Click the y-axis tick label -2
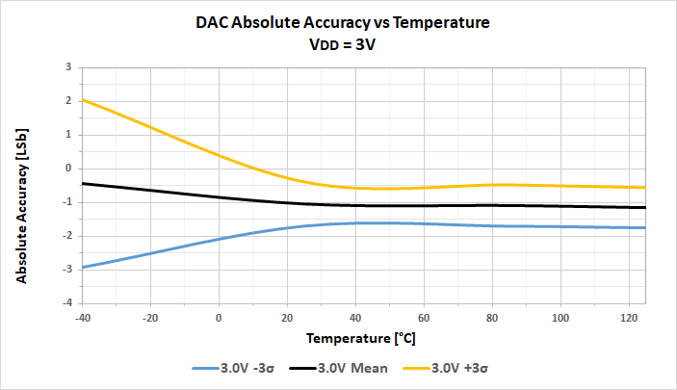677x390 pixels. click(x=65, y=236)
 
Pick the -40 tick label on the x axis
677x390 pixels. click(x=83, y=318)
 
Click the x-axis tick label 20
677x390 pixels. click(x=287, y=318)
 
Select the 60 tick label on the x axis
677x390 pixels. click(x=424, y=318)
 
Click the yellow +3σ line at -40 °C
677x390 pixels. click(x=84, y=99)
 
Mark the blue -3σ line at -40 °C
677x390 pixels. click(x=84, y=267)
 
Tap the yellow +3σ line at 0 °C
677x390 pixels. click(x=219, y=155)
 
